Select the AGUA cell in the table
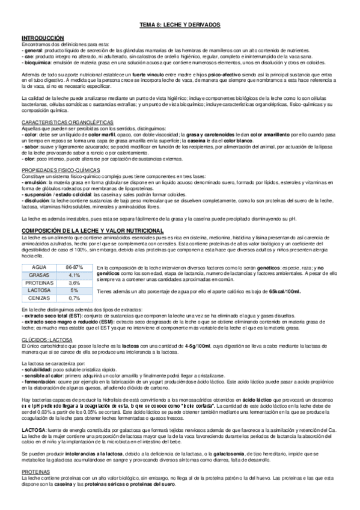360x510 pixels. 38,266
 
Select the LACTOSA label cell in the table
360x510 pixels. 38,290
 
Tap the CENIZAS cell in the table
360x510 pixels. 38,298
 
